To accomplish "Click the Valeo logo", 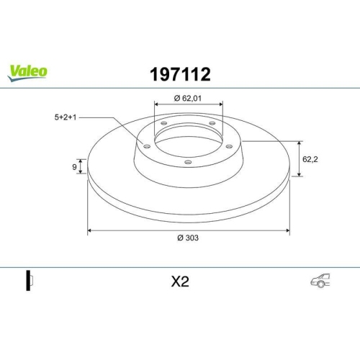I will (28, 70).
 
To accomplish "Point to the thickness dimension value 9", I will (75, 167).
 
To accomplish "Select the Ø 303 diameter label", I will (189, 240).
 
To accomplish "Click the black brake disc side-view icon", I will (30, 282).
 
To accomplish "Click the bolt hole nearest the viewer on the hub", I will (188, 162).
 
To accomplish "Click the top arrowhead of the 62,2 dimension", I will (299, 142).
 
